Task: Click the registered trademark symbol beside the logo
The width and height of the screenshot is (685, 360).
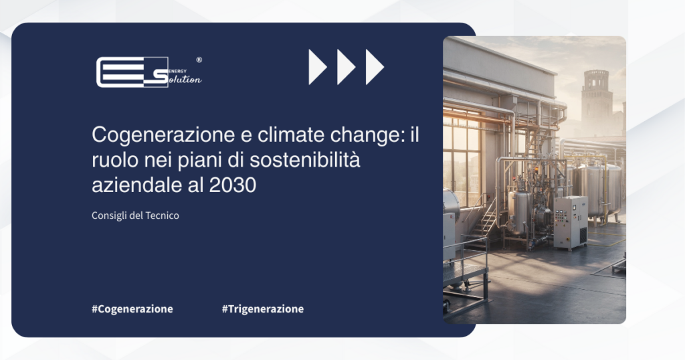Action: [199, 60]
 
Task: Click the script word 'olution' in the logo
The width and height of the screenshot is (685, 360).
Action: [184, 79]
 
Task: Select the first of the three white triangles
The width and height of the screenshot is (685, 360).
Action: [316, 67]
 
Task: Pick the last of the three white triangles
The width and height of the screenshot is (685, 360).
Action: [374, 67]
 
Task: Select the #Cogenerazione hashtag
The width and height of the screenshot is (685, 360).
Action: [132, 308]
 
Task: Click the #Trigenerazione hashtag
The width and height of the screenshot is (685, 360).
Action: [262, 308]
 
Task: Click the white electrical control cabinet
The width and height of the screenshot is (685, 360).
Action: [570, 222]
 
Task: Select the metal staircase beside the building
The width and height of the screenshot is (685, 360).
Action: [487, 217]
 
